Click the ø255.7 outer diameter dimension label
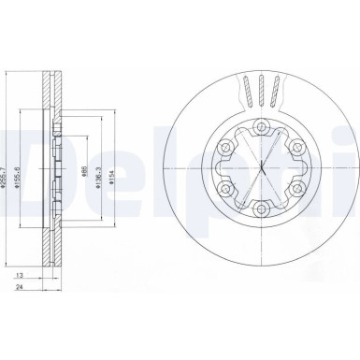(8, 173)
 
